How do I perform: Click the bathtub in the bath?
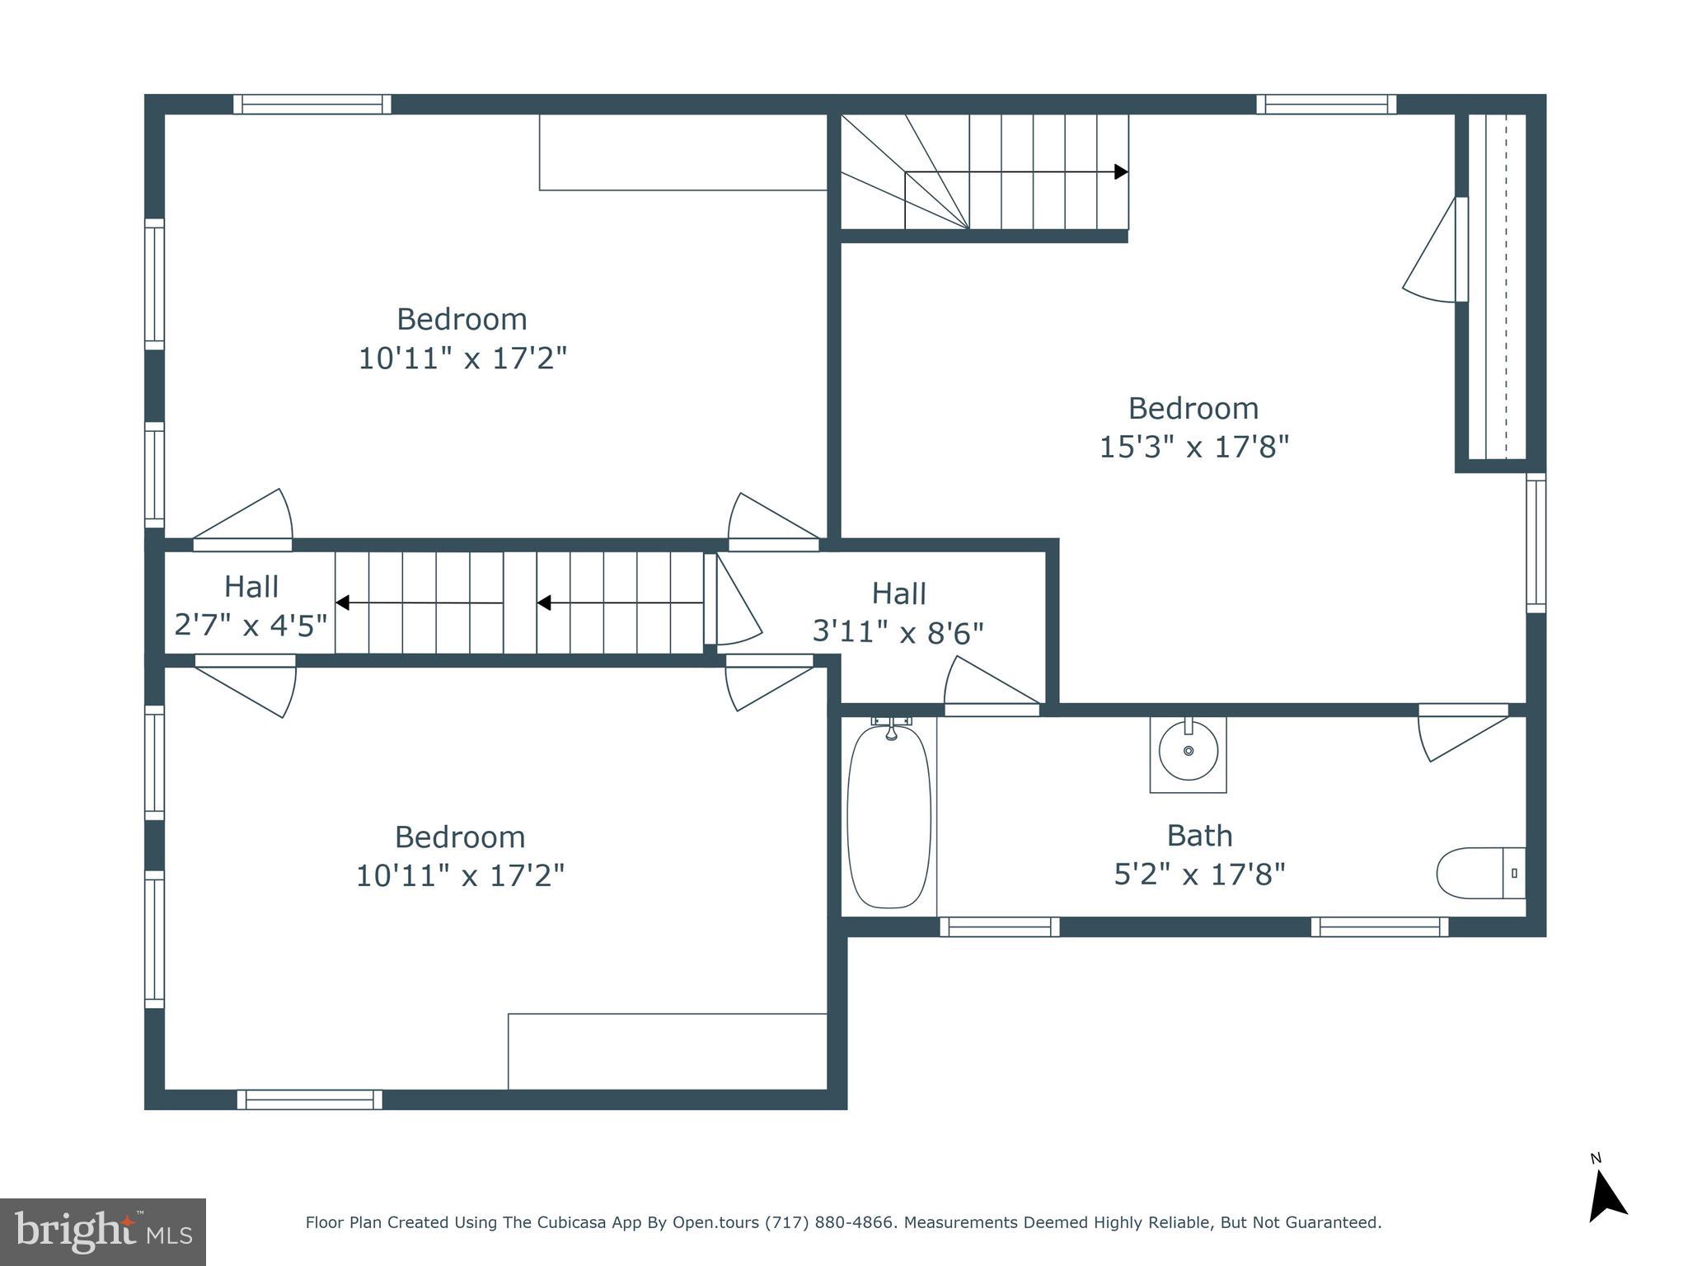(x=889, y=816)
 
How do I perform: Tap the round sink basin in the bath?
(x=1188, y=750)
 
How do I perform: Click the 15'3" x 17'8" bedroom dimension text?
(x=1193, y=448)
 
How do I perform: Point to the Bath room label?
(x=1199, y=836)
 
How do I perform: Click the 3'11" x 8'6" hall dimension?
(x=898, y=633)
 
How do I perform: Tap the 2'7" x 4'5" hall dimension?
(x=251, y=626)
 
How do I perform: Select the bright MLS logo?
(x=103, y=1231)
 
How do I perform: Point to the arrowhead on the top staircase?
(x=1121, y=171)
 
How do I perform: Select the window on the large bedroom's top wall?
(x=1326, y=105)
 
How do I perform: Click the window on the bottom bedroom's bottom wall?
(x=310, y=1100)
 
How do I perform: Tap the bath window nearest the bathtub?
(x=1000, y=927)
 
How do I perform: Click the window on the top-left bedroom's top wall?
(x=312, y=105)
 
